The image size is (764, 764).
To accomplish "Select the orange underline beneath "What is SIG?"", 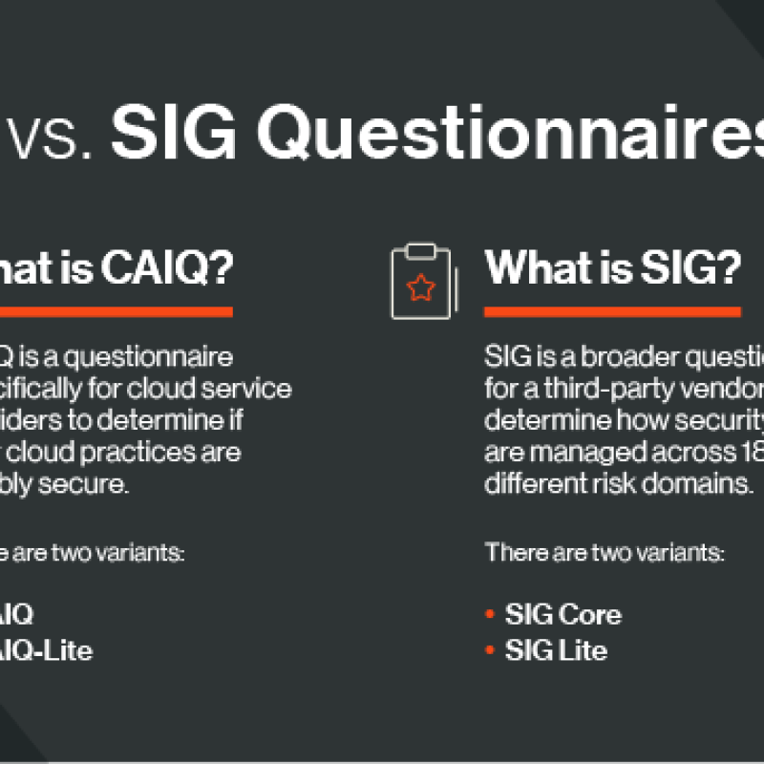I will [612, 311].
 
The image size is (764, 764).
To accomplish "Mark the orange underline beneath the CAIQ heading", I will [115, 311].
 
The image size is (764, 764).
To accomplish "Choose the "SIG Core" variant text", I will [563, 614].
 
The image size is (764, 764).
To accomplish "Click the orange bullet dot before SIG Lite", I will [491, 650].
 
